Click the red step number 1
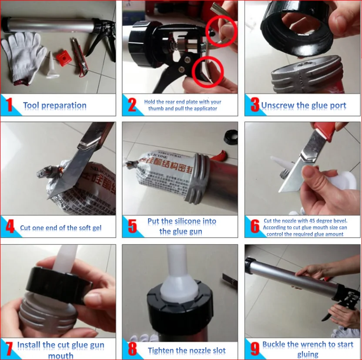pos(9,104)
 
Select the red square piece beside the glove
pos(64,58)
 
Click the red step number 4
pos(10,226)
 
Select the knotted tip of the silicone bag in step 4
pos(50,172)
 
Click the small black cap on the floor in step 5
pos(231,137)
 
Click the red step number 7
pos(9,349)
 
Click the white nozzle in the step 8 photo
pos(178,275)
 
